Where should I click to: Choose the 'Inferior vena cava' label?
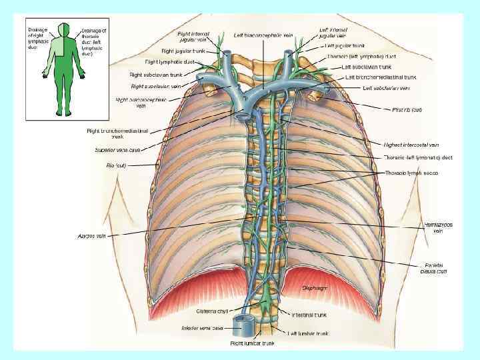coord(201,328)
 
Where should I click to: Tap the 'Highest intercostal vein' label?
coord(411,145)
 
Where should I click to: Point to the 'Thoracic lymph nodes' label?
coord(412,173)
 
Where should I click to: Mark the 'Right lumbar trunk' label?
coord(252,343)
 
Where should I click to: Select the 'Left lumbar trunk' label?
coord(309,333)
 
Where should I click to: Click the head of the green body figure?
coord(65,29)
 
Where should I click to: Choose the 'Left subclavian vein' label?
coord(386,87)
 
